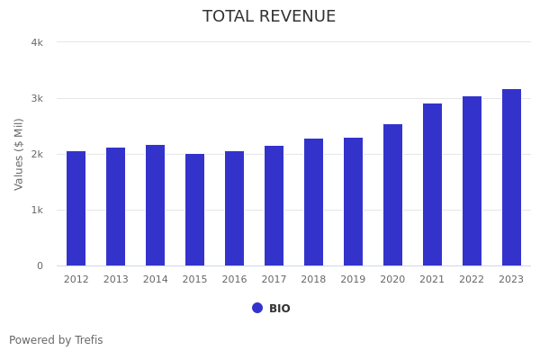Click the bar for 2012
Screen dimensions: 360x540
pyautogui.click(x=76, y=209)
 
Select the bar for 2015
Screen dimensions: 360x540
pyautogui.click(x=194, y=210)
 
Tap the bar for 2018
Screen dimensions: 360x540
pyautogui.click(x=313, y=202)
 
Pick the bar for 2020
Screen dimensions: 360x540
pyautogui.click(x=392, y=195)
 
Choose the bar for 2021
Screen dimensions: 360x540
pyautogui.click(x=432, y=184)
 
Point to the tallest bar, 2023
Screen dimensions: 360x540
pyautogui.click(x=511, y=177)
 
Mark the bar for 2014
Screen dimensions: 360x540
pyautogui.click(x=155, y=205)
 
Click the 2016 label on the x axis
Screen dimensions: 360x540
pyautogui.click(x=234, y=280)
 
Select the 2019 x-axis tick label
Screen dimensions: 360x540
pyautogui.click(x=353, y=280)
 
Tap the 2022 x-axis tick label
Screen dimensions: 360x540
pyautogui.click(x=472, y=280)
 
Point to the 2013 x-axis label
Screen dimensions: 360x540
pyautogui.click(x=115, y=280)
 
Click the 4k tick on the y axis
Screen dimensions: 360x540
pyautogui.click(x=37, y=42)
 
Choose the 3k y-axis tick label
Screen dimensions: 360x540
pyautogui.click(x=37, y=98)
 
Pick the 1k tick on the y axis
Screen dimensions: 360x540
pyautogui.click(x=37, y=210)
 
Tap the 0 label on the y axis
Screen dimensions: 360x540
pyautogui.click(x=40, y=265)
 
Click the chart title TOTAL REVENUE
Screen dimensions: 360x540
pyautogui.click(x=269, y=17)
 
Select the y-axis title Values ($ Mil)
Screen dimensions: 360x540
pyautogui.click(x=19, y=154)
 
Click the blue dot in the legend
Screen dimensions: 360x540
pyautogui.click(x=257, y=308)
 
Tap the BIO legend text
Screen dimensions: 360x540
pyautogui.click(x=279, y=309)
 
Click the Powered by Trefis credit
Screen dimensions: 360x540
pyautogui.click(x=56, y=340)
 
